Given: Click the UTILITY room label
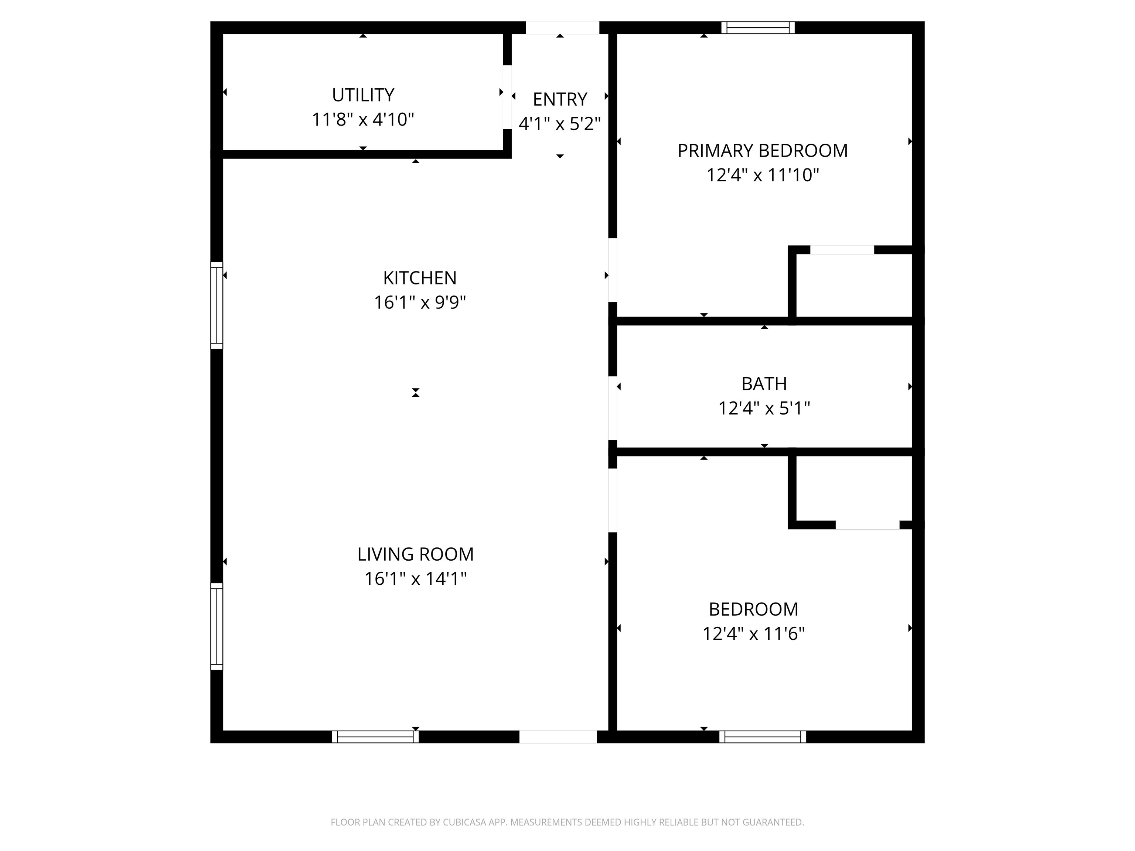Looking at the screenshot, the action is (363, 95).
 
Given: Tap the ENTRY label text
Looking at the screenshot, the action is (560, 99).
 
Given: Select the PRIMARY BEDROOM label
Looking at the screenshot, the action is (763, 151).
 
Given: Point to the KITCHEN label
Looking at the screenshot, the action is (420, 278).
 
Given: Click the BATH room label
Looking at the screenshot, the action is (764, 384).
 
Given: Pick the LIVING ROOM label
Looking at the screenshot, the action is (416, 554).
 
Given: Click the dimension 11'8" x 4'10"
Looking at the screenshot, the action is (363, 120).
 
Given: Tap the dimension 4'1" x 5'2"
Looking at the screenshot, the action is (560, 124).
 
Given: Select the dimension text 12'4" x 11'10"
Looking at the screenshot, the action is (763, 175).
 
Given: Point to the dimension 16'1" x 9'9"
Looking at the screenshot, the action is (420, 303).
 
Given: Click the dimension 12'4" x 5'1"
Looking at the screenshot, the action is (764, 408).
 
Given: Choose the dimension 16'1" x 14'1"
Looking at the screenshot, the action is (416, 579).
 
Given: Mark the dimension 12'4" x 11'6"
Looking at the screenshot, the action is (753, 634).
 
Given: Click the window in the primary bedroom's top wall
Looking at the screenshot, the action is (758, 28).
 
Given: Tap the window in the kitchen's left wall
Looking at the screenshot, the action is (217, 305).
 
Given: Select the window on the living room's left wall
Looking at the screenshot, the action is (217, 626).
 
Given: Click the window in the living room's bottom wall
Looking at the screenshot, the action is (375, 736).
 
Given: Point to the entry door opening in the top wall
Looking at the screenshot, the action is (562, 28).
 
